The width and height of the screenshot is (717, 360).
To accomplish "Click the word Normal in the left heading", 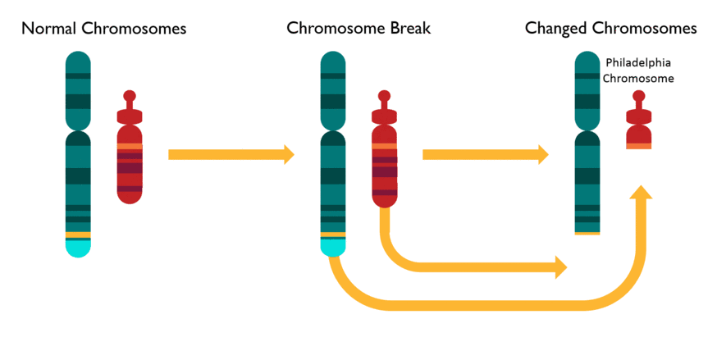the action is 49,29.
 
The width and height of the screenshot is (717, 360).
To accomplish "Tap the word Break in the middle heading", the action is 410,28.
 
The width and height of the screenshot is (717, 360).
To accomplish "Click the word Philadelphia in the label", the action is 638,62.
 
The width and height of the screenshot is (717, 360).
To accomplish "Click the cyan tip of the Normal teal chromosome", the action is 78,248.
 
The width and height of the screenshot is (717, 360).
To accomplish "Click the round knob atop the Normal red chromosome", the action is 130,96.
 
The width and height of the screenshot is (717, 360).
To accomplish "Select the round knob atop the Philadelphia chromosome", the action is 639,96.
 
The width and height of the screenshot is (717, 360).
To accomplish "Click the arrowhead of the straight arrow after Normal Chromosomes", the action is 289,154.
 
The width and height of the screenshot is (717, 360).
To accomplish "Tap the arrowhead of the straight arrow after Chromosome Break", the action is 543,154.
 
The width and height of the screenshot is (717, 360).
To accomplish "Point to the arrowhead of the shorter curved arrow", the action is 561,267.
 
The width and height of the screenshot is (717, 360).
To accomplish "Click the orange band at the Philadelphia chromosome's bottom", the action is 639,146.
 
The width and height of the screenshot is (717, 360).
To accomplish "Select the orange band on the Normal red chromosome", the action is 130,146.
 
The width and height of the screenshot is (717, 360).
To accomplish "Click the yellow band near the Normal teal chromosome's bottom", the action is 78,235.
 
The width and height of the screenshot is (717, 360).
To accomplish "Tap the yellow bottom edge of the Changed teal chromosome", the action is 587,234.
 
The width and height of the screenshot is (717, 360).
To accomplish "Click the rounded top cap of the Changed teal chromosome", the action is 587,62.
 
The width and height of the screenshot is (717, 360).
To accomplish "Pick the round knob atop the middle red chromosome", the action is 384,96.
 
